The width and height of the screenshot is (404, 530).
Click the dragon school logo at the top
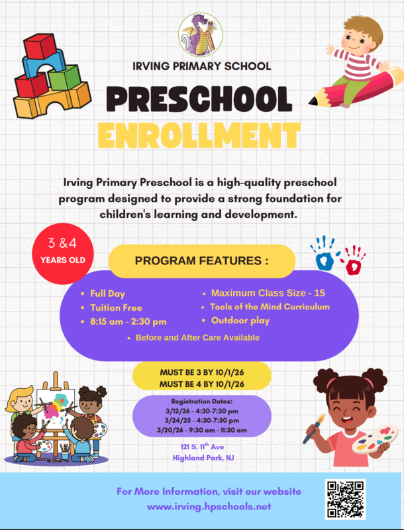[x=201, y=36]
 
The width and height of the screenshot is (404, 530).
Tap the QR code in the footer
[x=346, y=499]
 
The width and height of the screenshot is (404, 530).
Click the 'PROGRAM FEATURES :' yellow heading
[x=201, y=261]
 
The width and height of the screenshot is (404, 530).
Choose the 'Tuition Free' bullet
[x=116, y=307]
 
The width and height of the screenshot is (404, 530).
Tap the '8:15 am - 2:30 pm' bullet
[x=128, y=322]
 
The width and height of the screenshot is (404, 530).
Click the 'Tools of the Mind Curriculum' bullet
[x=270, y=307]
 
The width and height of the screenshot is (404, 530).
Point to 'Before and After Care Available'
[x=197, y=338]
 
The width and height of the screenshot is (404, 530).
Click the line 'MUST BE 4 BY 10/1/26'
[x=201, y=384]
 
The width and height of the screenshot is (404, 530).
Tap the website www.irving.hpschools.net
[x=209, y=506]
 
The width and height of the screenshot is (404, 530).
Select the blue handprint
[x=323, y=254]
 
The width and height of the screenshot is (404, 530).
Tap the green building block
[x=64, y=78]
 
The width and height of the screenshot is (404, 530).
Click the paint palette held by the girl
[x=375, y=438]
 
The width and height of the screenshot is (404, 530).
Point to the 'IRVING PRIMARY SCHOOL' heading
[x=201, y=66]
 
